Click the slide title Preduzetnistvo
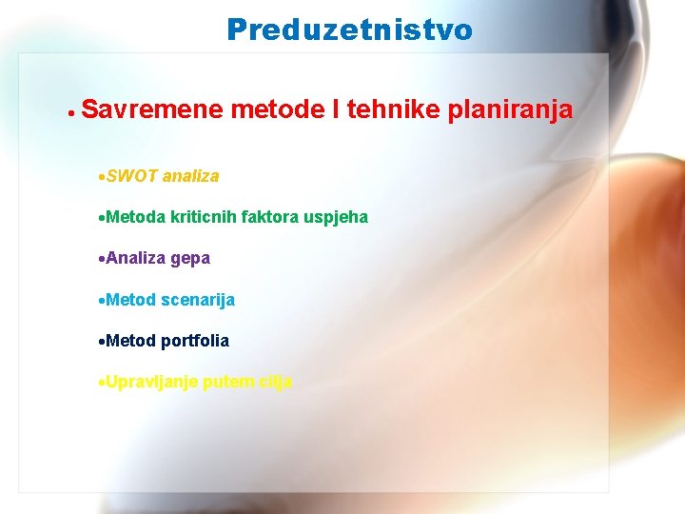[x=349, y=30]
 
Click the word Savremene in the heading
[x=152, y=110]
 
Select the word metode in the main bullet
[x=276, y=110]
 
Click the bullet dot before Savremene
[x=71, y=112]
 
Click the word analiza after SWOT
[x=190, y=176]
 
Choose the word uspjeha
[x=337, y=218]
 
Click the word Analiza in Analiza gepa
[x=136, y=258]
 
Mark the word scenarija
[x=198, y=300]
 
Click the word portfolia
[x=195, y=341]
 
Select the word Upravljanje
[x=151, y=383]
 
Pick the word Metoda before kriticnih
[x=136, y=217]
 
